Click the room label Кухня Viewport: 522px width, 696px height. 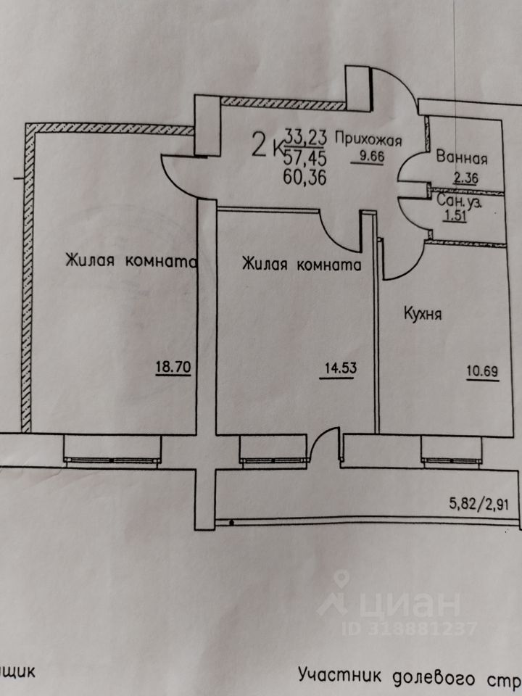423,315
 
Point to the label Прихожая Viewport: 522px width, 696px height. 374,141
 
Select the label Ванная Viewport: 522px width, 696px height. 460,158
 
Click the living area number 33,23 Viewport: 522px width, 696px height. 307,135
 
